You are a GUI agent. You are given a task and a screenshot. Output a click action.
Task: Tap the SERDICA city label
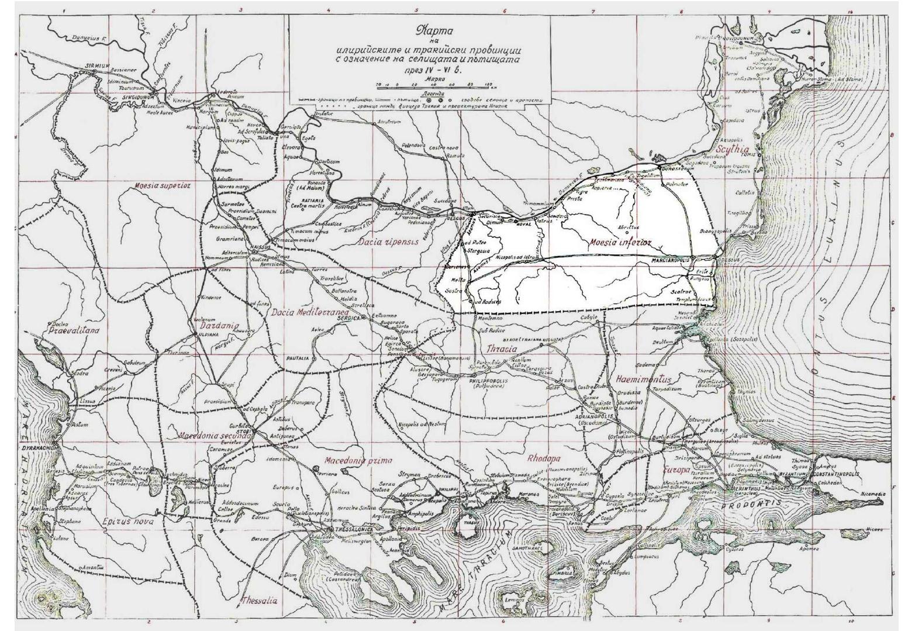point(349,318)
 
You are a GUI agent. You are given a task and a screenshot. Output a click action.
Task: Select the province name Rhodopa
point(544,458)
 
